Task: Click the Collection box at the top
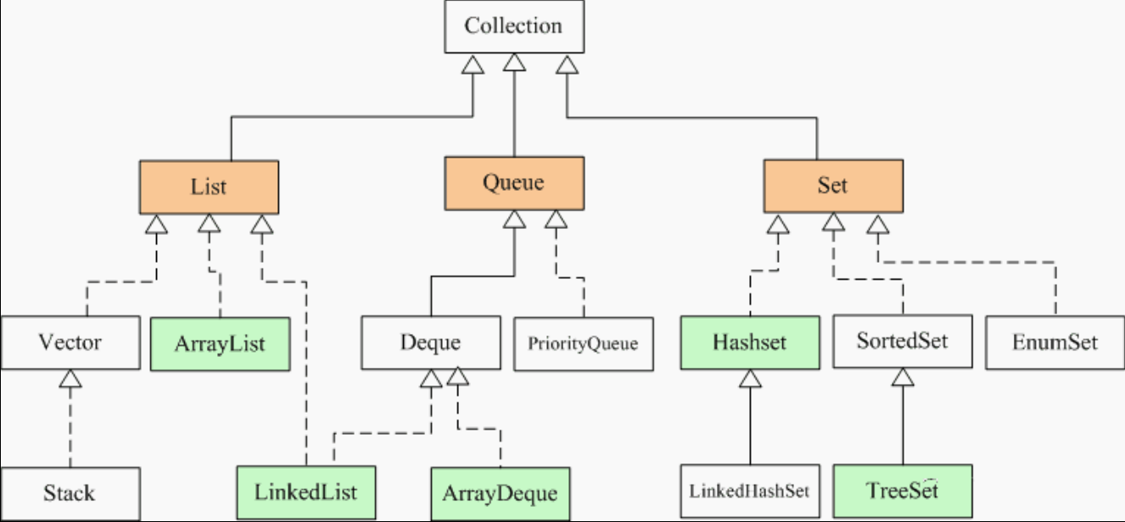tap(513, 26)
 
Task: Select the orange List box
tap(209, 186)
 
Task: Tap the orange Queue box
tap(513, 182)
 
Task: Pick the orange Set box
tap(832, 186)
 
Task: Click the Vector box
tap(70, 343)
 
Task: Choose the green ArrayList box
tap(220, 344)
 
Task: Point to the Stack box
tap(70, 493)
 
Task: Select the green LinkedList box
tap(305, 492)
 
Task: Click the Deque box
tap(430, 343)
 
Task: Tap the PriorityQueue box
tap(584, 344)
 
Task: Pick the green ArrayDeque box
tap(500, 493)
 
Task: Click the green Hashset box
tap(750, 342)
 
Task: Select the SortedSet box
tap(902, 342)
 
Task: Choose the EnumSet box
tap(1055, 343)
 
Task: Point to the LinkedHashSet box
tap(750, 491)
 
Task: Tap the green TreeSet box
tap(903, 491)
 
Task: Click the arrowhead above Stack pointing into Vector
tap(70, 380)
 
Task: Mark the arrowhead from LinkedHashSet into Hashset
tap(749, 380)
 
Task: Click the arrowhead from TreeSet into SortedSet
tap(902, 379)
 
